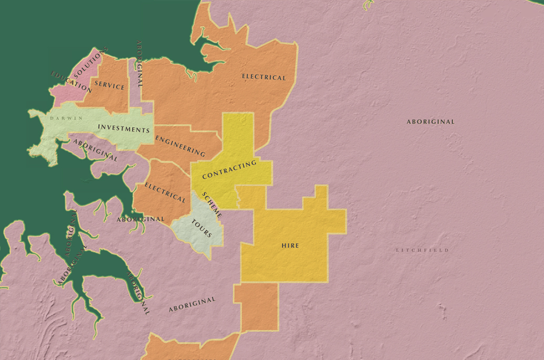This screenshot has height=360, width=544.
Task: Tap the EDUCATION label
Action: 71,81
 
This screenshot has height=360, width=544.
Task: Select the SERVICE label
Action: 110,86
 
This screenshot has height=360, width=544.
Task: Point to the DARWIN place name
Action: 67,118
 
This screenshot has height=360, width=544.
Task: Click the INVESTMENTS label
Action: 124,129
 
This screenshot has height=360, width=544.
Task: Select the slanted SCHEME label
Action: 212,204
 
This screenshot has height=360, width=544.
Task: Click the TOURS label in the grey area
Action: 201,228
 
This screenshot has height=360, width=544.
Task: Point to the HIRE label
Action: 290,245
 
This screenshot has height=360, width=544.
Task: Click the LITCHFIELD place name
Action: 422,250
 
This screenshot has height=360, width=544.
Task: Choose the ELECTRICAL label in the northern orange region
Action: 264,77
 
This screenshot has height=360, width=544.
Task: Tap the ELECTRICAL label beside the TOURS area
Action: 165,193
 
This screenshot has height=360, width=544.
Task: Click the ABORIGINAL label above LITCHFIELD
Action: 431,121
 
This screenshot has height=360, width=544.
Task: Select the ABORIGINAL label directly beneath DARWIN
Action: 95,150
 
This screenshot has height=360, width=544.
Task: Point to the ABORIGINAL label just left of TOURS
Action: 140,219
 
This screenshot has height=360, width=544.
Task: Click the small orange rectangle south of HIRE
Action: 256,307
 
